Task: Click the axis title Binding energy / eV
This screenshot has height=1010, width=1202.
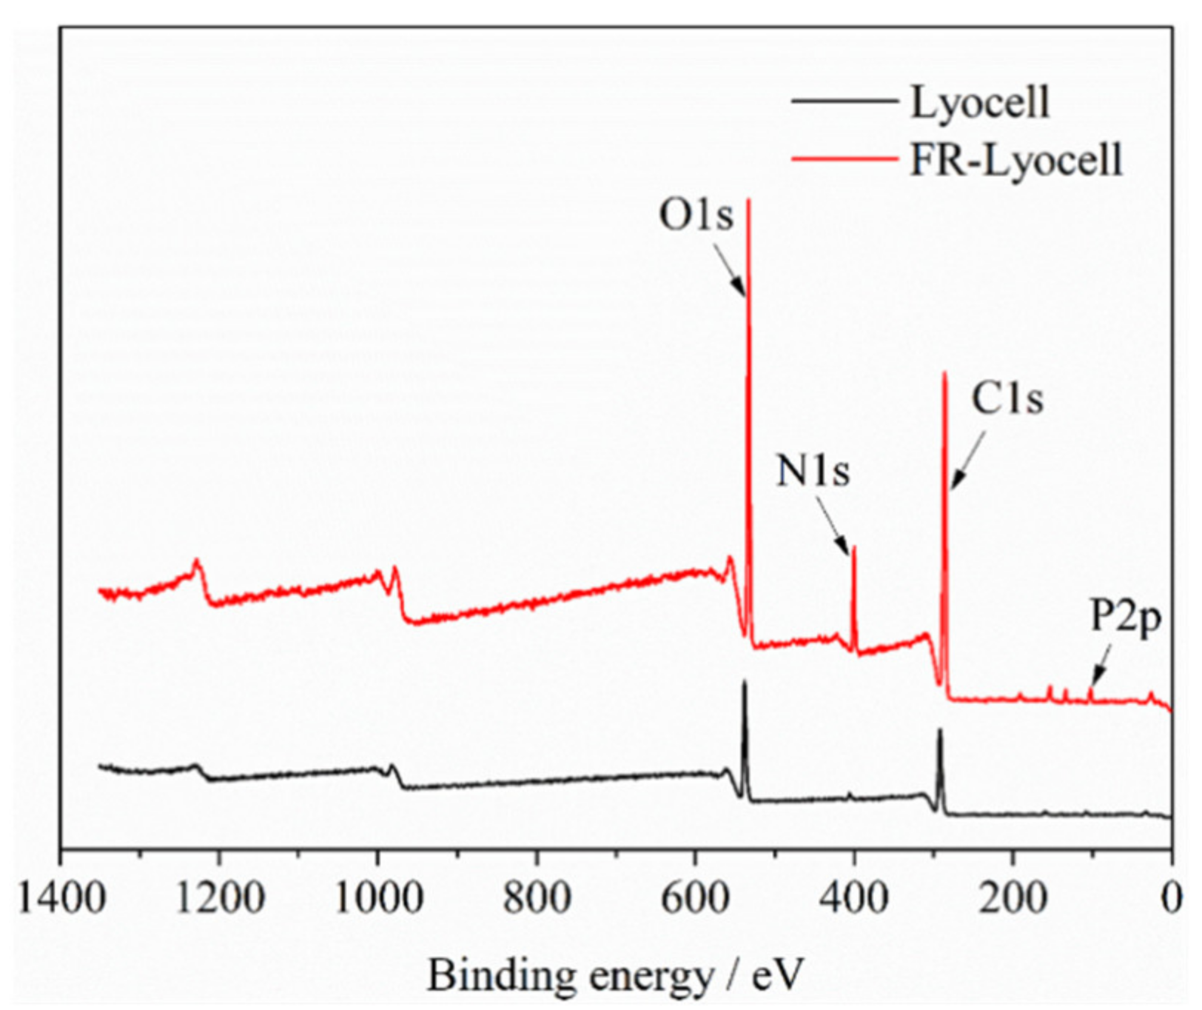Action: [x=615, y=975]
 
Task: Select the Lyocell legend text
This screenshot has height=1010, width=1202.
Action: [x=979, y=102]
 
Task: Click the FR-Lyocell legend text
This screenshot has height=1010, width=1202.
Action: [x=1015, y=160]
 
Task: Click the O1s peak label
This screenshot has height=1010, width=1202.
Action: [x=696, y=216]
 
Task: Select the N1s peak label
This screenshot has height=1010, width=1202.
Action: [x=813, y=470]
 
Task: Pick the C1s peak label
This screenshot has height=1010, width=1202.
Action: [x=1007, y=399]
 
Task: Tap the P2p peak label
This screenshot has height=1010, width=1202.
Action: [x=1126, y=616]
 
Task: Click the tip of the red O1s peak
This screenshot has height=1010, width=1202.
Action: [x=748, y=200]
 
